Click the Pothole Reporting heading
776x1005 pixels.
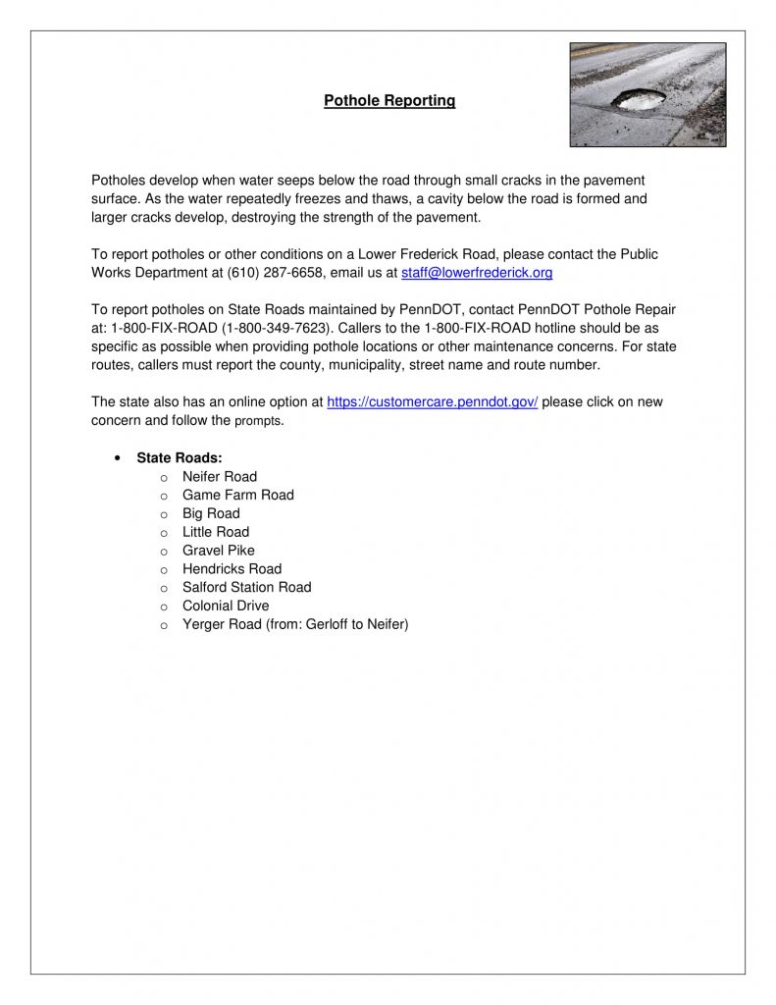click(389, 101)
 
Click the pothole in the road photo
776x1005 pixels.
click(637, 99)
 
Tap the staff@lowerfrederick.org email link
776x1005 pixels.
click(477, 273)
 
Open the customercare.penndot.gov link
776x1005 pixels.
click(432, 402)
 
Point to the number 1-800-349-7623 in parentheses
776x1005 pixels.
click(273, 328)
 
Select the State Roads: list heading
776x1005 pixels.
click(180, 458)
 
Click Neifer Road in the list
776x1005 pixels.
click(220, 477)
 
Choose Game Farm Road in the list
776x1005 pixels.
click(238, 496)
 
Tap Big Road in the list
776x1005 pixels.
click(211, 513)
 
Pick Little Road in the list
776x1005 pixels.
click(216, 532)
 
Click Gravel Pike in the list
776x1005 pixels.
click(219, 551)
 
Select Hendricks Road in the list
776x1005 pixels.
click(232, 569)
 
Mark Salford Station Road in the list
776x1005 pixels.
click(247, 587)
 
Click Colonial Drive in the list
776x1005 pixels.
click(226, 606)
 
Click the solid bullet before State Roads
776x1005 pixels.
click(118, 458)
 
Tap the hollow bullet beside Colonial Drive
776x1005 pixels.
click(164, 607)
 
